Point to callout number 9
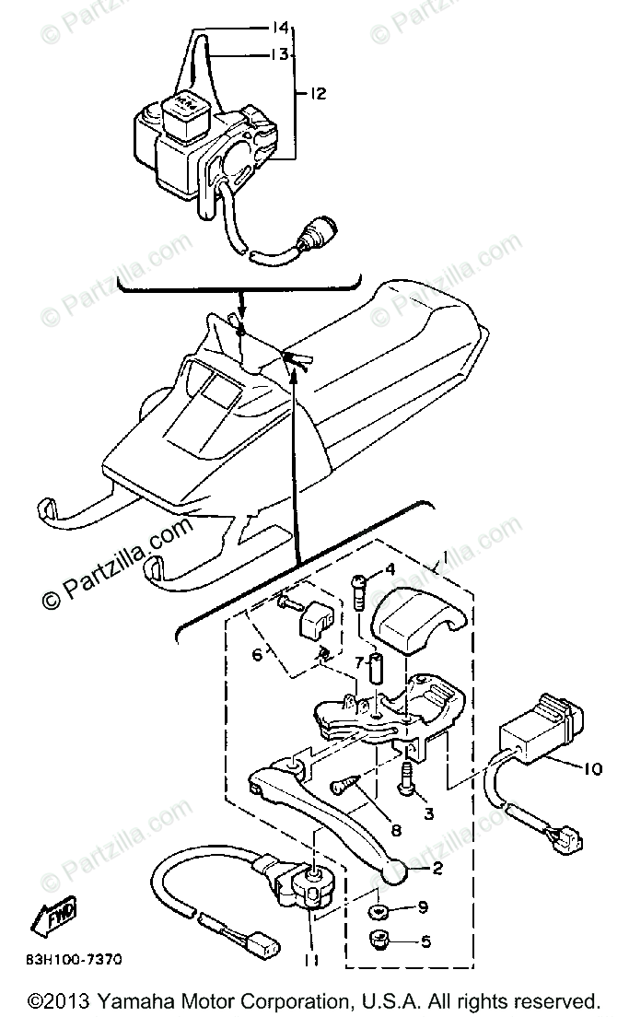[x=423, y=908]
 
